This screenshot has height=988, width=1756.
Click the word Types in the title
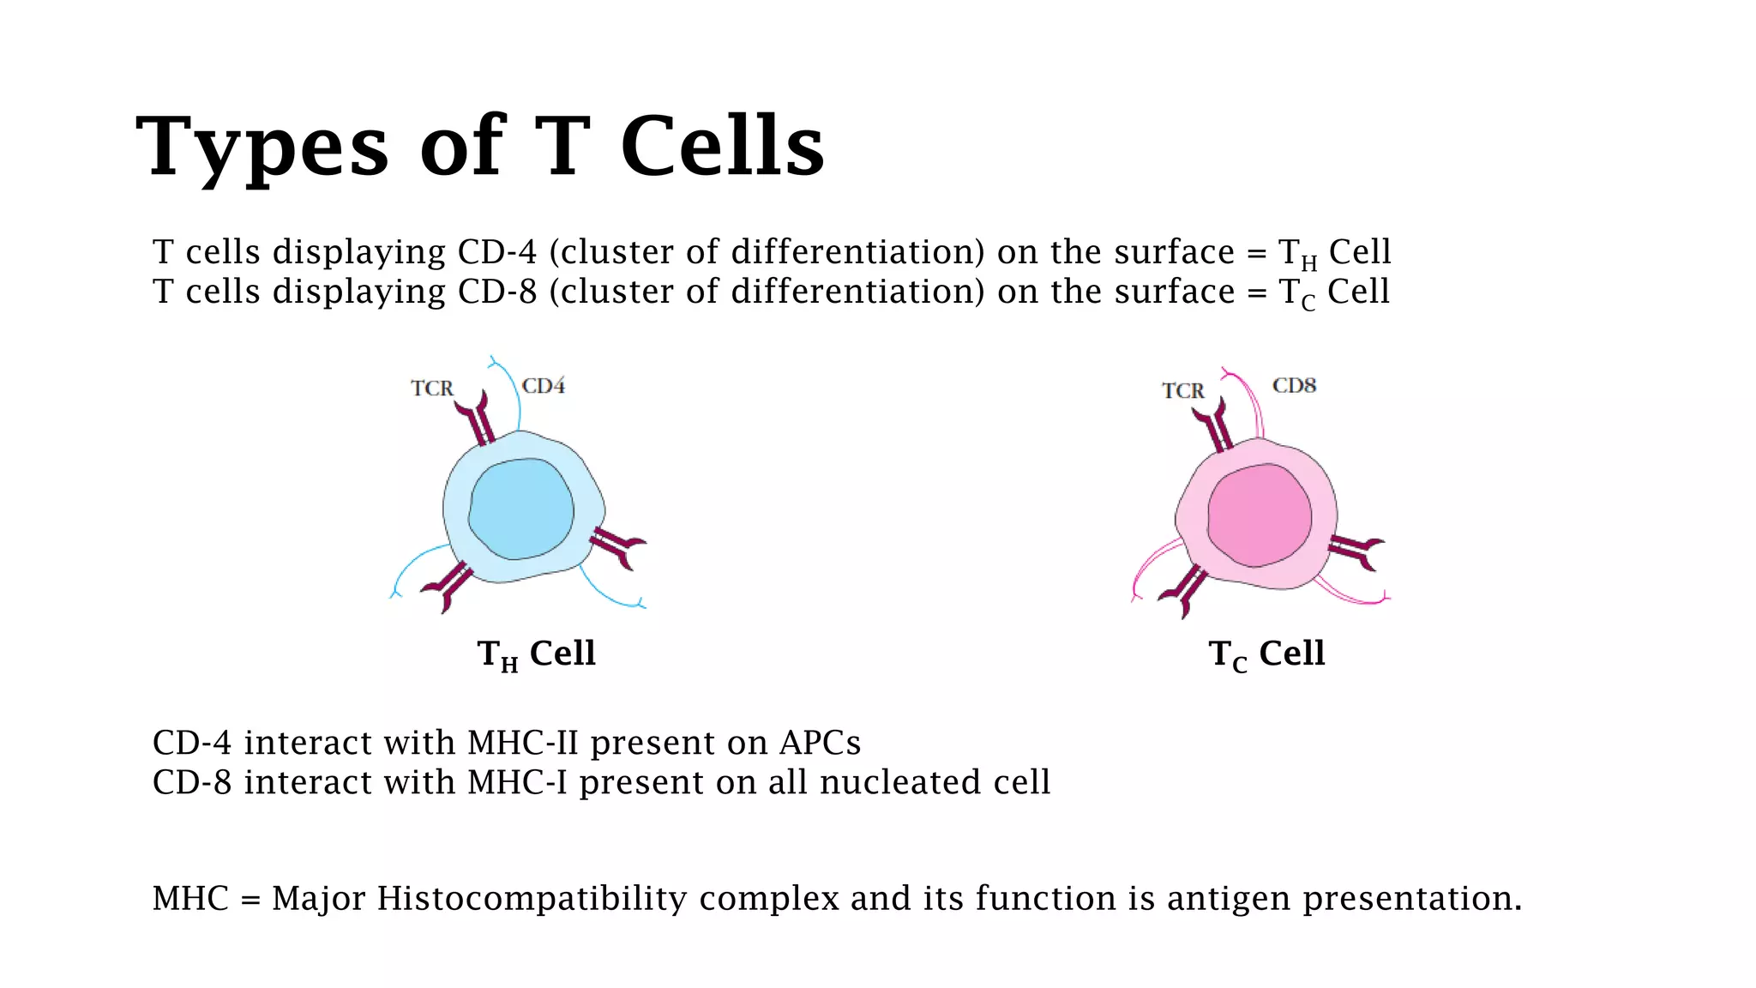262,148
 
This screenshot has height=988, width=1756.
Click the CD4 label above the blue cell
544,386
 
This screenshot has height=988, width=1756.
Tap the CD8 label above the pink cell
1294,385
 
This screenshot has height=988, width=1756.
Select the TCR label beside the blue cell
431,389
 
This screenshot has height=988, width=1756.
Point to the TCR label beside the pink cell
1182,391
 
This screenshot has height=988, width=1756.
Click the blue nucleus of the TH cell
521,509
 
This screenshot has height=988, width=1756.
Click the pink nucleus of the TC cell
1260,515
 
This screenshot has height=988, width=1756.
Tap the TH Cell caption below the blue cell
536,654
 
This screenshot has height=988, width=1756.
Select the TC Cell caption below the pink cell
1266,654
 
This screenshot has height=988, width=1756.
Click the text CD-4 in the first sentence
496,252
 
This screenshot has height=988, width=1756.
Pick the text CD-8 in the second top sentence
496,292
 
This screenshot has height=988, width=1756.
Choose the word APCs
820,743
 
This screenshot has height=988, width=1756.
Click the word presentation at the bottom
1411,899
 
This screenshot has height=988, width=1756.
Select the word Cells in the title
722,148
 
